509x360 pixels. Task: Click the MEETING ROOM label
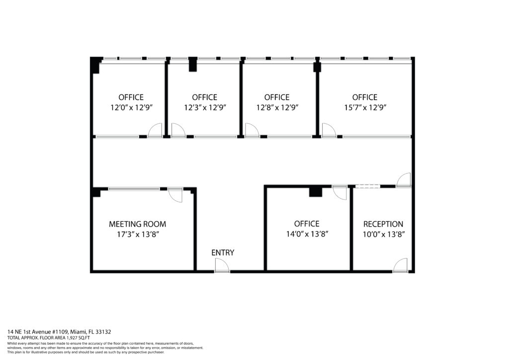137,224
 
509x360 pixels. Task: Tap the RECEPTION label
383,224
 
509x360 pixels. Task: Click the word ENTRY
223,253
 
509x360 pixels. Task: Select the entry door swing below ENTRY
222,266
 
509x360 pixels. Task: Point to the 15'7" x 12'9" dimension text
365,107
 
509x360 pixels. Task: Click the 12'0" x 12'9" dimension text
131,107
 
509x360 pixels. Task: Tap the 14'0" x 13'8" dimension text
307,234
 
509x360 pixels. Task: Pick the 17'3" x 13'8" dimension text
138,234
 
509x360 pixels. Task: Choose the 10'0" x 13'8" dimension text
383,234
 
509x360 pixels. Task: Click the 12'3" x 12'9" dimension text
205,107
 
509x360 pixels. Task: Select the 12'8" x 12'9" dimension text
277,107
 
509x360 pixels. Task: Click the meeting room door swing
175,195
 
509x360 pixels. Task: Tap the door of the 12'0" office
155,130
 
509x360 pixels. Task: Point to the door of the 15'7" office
329,130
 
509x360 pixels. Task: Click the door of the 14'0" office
339,193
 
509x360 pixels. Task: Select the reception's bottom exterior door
400,265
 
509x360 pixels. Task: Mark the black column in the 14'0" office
315,191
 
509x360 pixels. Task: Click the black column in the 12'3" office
193,64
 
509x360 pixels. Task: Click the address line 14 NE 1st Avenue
59,332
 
